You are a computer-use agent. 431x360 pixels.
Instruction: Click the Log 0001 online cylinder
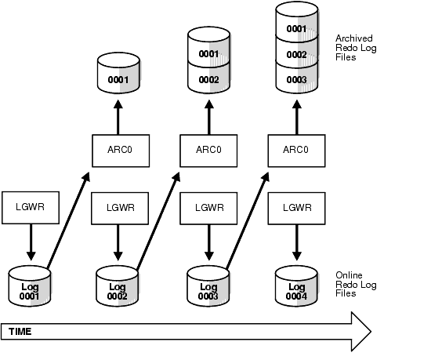28,285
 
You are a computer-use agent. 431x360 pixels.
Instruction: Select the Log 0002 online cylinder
118,285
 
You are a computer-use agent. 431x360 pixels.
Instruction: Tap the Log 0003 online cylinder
208,285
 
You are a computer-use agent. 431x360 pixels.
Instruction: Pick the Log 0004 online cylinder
297,285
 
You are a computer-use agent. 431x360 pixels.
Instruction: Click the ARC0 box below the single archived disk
118,149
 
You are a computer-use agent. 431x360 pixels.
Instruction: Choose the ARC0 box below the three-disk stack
297,149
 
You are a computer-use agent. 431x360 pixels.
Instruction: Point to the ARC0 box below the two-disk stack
208,149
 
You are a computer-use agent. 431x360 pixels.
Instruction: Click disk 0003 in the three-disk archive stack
297,81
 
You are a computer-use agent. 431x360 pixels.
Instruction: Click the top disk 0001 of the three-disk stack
297,28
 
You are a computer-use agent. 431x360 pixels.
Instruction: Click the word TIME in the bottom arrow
20,332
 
